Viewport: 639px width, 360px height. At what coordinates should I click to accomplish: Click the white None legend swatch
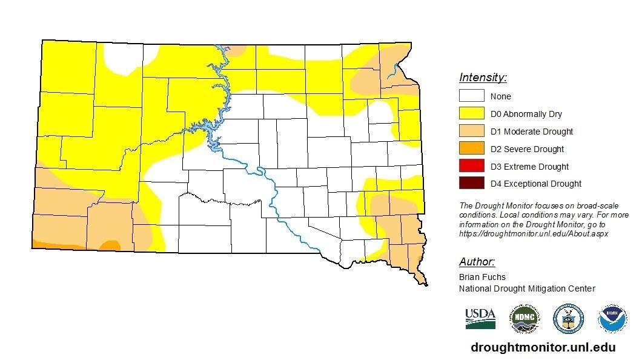click(471, 96)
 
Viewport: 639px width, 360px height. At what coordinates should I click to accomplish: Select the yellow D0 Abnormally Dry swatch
click(471, 113)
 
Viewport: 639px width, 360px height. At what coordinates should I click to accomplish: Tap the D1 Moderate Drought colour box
click(471, 131)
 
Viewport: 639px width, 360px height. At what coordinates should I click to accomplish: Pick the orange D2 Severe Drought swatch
click(471, 148)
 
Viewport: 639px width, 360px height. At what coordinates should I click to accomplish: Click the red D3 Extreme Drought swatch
click(471, 166)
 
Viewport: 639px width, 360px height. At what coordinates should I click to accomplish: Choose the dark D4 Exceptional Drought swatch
click(471, 184)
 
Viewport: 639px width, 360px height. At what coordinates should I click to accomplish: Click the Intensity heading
click(483, 78)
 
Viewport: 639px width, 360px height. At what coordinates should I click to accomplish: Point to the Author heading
click(477, 262)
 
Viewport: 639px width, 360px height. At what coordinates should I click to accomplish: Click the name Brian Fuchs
click(482, 277)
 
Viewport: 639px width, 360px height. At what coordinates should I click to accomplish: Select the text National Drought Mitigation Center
click(527, 288)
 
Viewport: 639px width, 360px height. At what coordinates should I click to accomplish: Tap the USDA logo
click(480, 318)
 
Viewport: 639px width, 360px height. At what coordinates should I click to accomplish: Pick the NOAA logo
click(612, 319)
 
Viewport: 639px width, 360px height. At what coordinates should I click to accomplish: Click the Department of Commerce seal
click(568, 319)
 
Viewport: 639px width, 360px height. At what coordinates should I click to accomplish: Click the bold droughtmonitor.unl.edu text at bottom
click(543, 347)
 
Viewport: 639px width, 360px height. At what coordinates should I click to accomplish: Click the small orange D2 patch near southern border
click(110, 245)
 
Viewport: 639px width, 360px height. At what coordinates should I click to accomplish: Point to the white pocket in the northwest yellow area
click(124, 58)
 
